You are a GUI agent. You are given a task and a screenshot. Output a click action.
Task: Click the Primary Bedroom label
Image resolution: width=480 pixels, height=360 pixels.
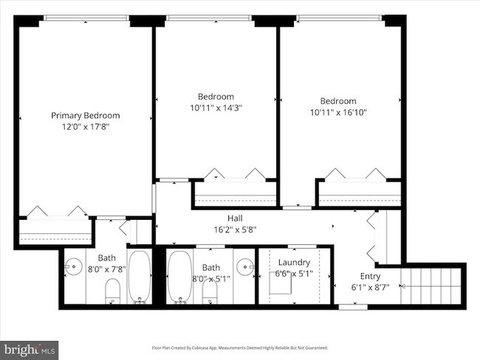point(85,116)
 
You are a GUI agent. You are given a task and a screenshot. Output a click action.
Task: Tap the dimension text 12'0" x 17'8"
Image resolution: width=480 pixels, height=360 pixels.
point(85,127)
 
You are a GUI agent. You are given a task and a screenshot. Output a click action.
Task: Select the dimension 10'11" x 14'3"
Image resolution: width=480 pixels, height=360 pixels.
point(216,108)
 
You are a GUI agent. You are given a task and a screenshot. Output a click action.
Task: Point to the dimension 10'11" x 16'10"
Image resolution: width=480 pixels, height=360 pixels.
point(338,113)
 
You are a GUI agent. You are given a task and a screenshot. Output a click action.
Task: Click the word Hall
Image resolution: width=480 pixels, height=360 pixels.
point(235,218)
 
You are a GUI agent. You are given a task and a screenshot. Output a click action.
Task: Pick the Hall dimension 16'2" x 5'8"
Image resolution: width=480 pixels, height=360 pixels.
point(235,229)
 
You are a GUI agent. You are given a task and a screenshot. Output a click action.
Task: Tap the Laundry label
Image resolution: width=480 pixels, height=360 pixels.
point(294,263)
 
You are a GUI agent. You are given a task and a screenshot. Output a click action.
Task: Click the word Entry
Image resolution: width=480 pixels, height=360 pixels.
point(370,276)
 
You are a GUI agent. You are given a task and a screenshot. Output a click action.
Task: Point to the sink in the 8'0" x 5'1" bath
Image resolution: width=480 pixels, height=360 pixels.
point(245,266)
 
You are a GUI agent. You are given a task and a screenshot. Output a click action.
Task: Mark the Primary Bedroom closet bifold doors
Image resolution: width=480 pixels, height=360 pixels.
point(55,212)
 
